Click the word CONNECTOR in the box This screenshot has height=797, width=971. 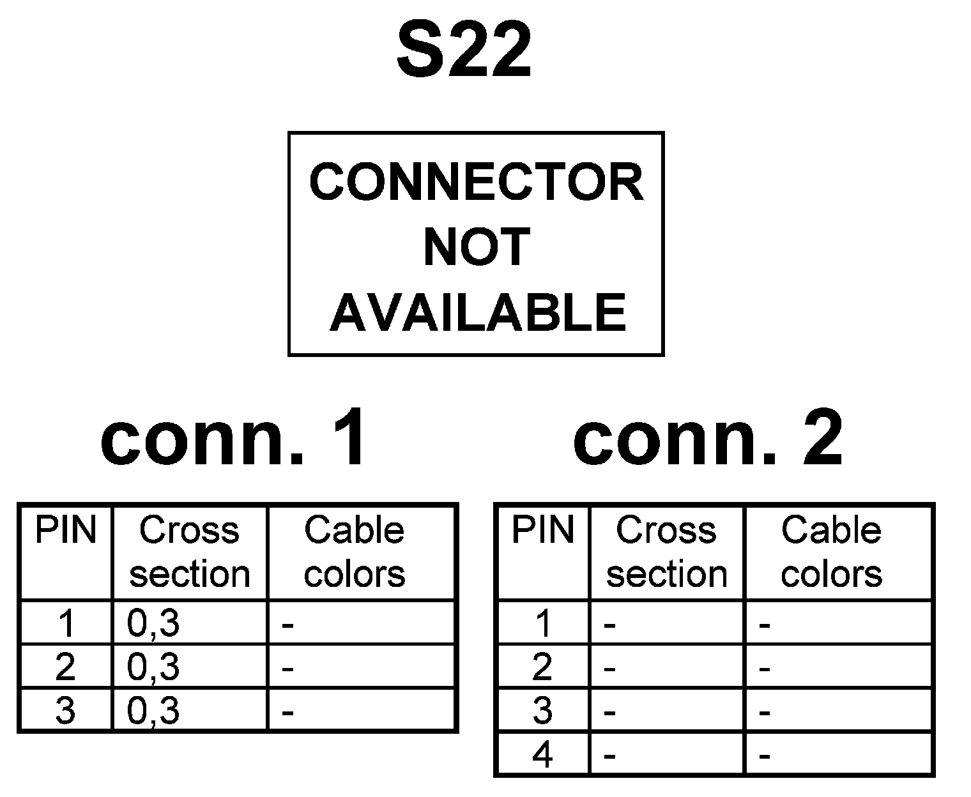coord(476,182)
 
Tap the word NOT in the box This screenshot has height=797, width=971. coord(477,247)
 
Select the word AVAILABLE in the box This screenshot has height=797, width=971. coord(477,312)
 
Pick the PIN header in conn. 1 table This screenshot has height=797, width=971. coord(65,531)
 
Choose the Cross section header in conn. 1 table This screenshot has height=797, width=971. coord(189,552)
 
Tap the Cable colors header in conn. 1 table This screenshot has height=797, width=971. coord(355,552)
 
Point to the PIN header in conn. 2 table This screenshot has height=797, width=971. coord(542,531)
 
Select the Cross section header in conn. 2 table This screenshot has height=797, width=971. coord(666,552)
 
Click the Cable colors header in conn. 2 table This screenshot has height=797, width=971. coord(831,552)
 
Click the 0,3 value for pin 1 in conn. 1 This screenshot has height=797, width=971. coord(153,623)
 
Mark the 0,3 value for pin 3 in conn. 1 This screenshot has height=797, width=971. coord(153,711)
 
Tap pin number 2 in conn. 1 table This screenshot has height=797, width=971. coord(65,667)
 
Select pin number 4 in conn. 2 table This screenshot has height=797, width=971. coord(542,755)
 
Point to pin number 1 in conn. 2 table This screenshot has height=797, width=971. coord(542,623)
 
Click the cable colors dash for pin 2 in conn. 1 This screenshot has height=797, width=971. coord(287,669)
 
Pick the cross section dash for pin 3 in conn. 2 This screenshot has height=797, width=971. coord(609,712)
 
